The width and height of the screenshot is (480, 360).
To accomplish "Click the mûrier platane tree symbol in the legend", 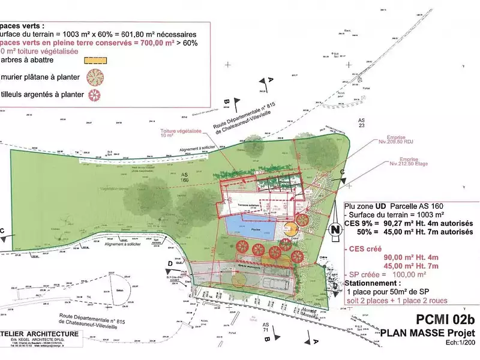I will (94, 77).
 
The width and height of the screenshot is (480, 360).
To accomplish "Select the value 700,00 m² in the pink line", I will (170, 44).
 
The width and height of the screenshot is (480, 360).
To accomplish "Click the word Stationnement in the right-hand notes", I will (373, 283).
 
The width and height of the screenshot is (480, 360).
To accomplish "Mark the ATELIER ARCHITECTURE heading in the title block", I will (42, 333).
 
